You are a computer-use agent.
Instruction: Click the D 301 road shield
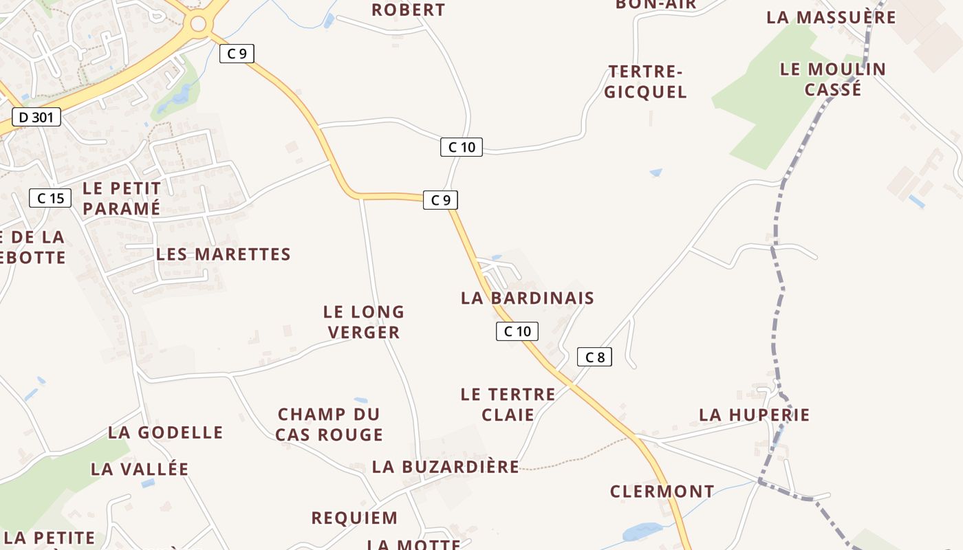coord(36,117)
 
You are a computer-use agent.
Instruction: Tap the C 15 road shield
coord(50,198)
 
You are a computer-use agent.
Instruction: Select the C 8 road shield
coord(594,357)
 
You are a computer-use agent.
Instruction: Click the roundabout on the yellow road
coord(198,24)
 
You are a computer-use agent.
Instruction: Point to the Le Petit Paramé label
coord(121,198)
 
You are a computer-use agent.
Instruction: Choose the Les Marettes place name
coord(224,254)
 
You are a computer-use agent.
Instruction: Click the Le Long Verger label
coord(364,322)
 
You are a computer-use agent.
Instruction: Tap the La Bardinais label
coord(527,298)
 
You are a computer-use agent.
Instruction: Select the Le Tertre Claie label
coord(508,404)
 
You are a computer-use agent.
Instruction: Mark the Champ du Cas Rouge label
coord(329,424)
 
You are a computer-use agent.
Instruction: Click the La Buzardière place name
coord(446,467)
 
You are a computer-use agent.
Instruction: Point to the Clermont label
coord(662,492)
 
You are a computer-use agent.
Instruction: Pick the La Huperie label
coord(755,415)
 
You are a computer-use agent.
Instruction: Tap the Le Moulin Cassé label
coord(833,79)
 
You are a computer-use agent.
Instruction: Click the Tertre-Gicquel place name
coord(646,82)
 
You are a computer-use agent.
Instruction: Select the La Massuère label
coord(832,17)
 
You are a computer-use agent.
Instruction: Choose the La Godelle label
coord(166,432)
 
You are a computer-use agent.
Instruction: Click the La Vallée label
coord(140,469)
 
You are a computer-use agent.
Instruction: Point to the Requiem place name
coord(354,518)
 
